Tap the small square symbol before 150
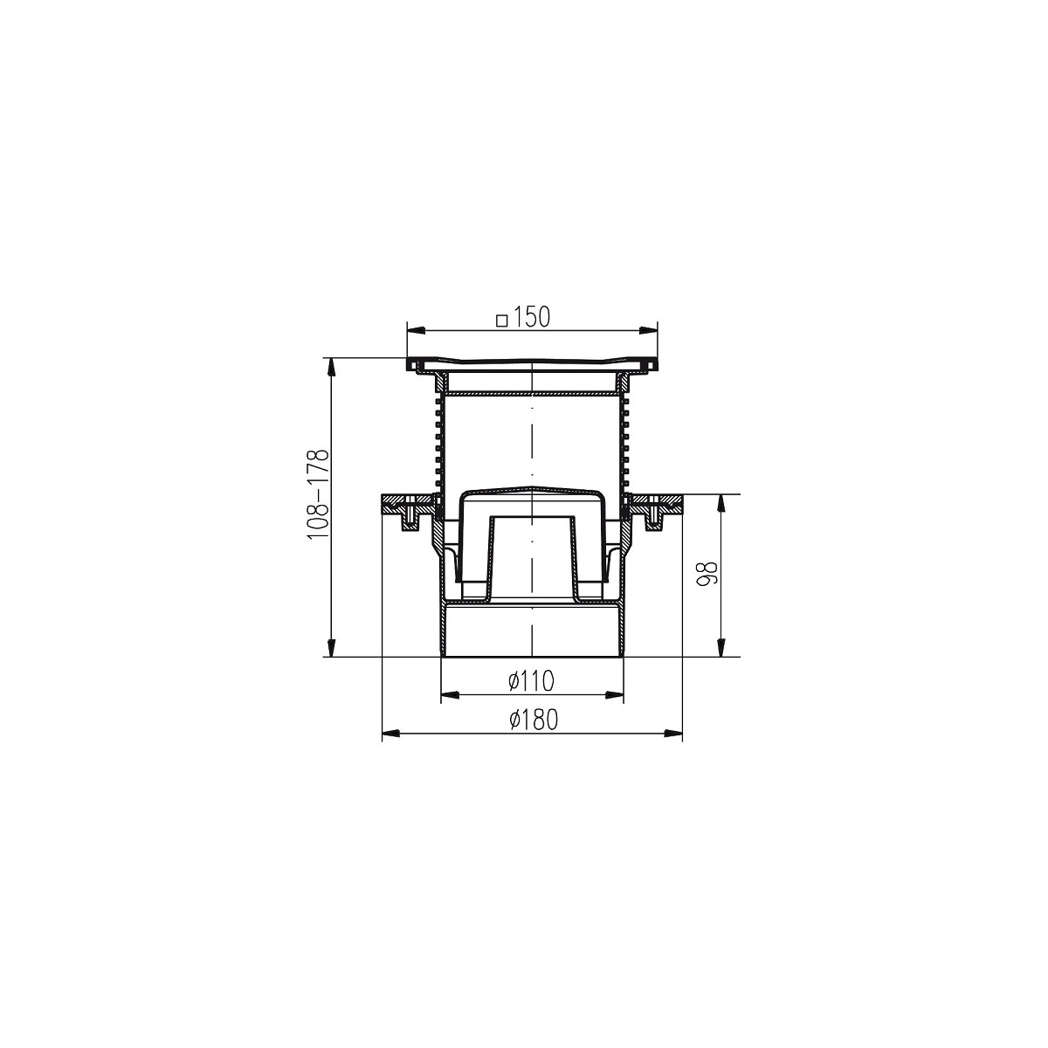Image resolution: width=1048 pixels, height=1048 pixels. click(x=502, y=321)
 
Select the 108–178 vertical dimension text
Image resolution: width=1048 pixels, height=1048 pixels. click(x=319, y=494)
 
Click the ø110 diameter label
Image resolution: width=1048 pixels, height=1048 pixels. click(x=531, y=681)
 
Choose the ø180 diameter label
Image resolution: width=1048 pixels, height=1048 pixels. click(x=534, y=720)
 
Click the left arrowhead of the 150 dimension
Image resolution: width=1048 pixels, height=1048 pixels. click(x=416, y=330)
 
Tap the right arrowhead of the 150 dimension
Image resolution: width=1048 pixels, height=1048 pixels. click(x=648, y=330)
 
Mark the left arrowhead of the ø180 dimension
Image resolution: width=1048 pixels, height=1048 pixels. click(x=391, y=734)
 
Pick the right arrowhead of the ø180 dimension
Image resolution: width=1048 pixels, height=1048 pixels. click(x=673, y=734)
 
